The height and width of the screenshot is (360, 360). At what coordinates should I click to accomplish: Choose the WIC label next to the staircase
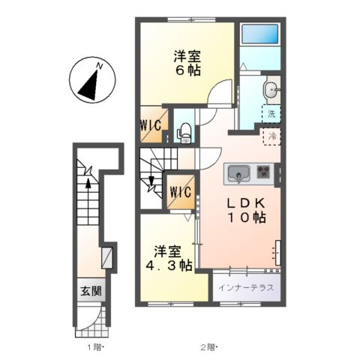click(180, 192)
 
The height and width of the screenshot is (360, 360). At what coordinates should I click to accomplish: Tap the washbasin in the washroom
click(271, 91)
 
